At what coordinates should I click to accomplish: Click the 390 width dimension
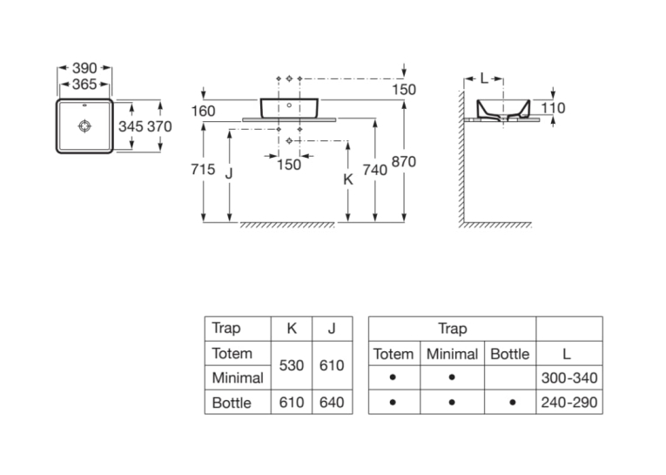[84, 68]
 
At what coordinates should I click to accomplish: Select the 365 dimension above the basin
[84, 85]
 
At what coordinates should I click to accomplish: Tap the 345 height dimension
[131, 126]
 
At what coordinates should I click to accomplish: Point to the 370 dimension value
[159, 126]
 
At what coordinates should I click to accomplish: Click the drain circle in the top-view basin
[85, 126]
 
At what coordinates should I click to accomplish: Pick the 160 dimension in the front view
[203, 111]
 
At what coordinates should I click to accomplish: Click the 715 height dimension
[203, 169]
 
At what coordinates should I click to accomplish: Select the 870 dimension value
[403, 161]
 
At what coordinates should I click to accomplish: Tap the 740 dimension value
[375, 170]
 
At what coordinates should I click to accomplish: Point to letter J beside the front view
[229, 173]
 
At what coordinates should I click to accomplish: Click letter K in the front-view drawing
[348, 180]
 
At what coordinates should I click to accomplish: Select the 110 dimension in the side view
[553, 108]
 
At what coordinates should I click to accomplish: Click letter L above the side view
[484, 78]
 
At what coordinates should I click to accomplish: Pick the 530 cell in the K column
[292, 365]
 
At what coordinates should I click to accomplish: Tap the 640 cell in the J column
[332, 403]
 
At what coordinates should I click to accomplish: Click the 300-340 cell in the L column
[569, 377]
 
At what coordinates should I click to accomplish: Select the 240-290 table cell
[569, 403]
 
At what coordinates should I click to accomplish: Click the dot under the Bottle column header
[513, 403]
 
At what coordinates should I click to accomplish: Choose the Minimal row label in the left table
[238, 377]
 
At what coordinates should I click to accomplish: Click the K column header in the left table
[292, 329]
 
